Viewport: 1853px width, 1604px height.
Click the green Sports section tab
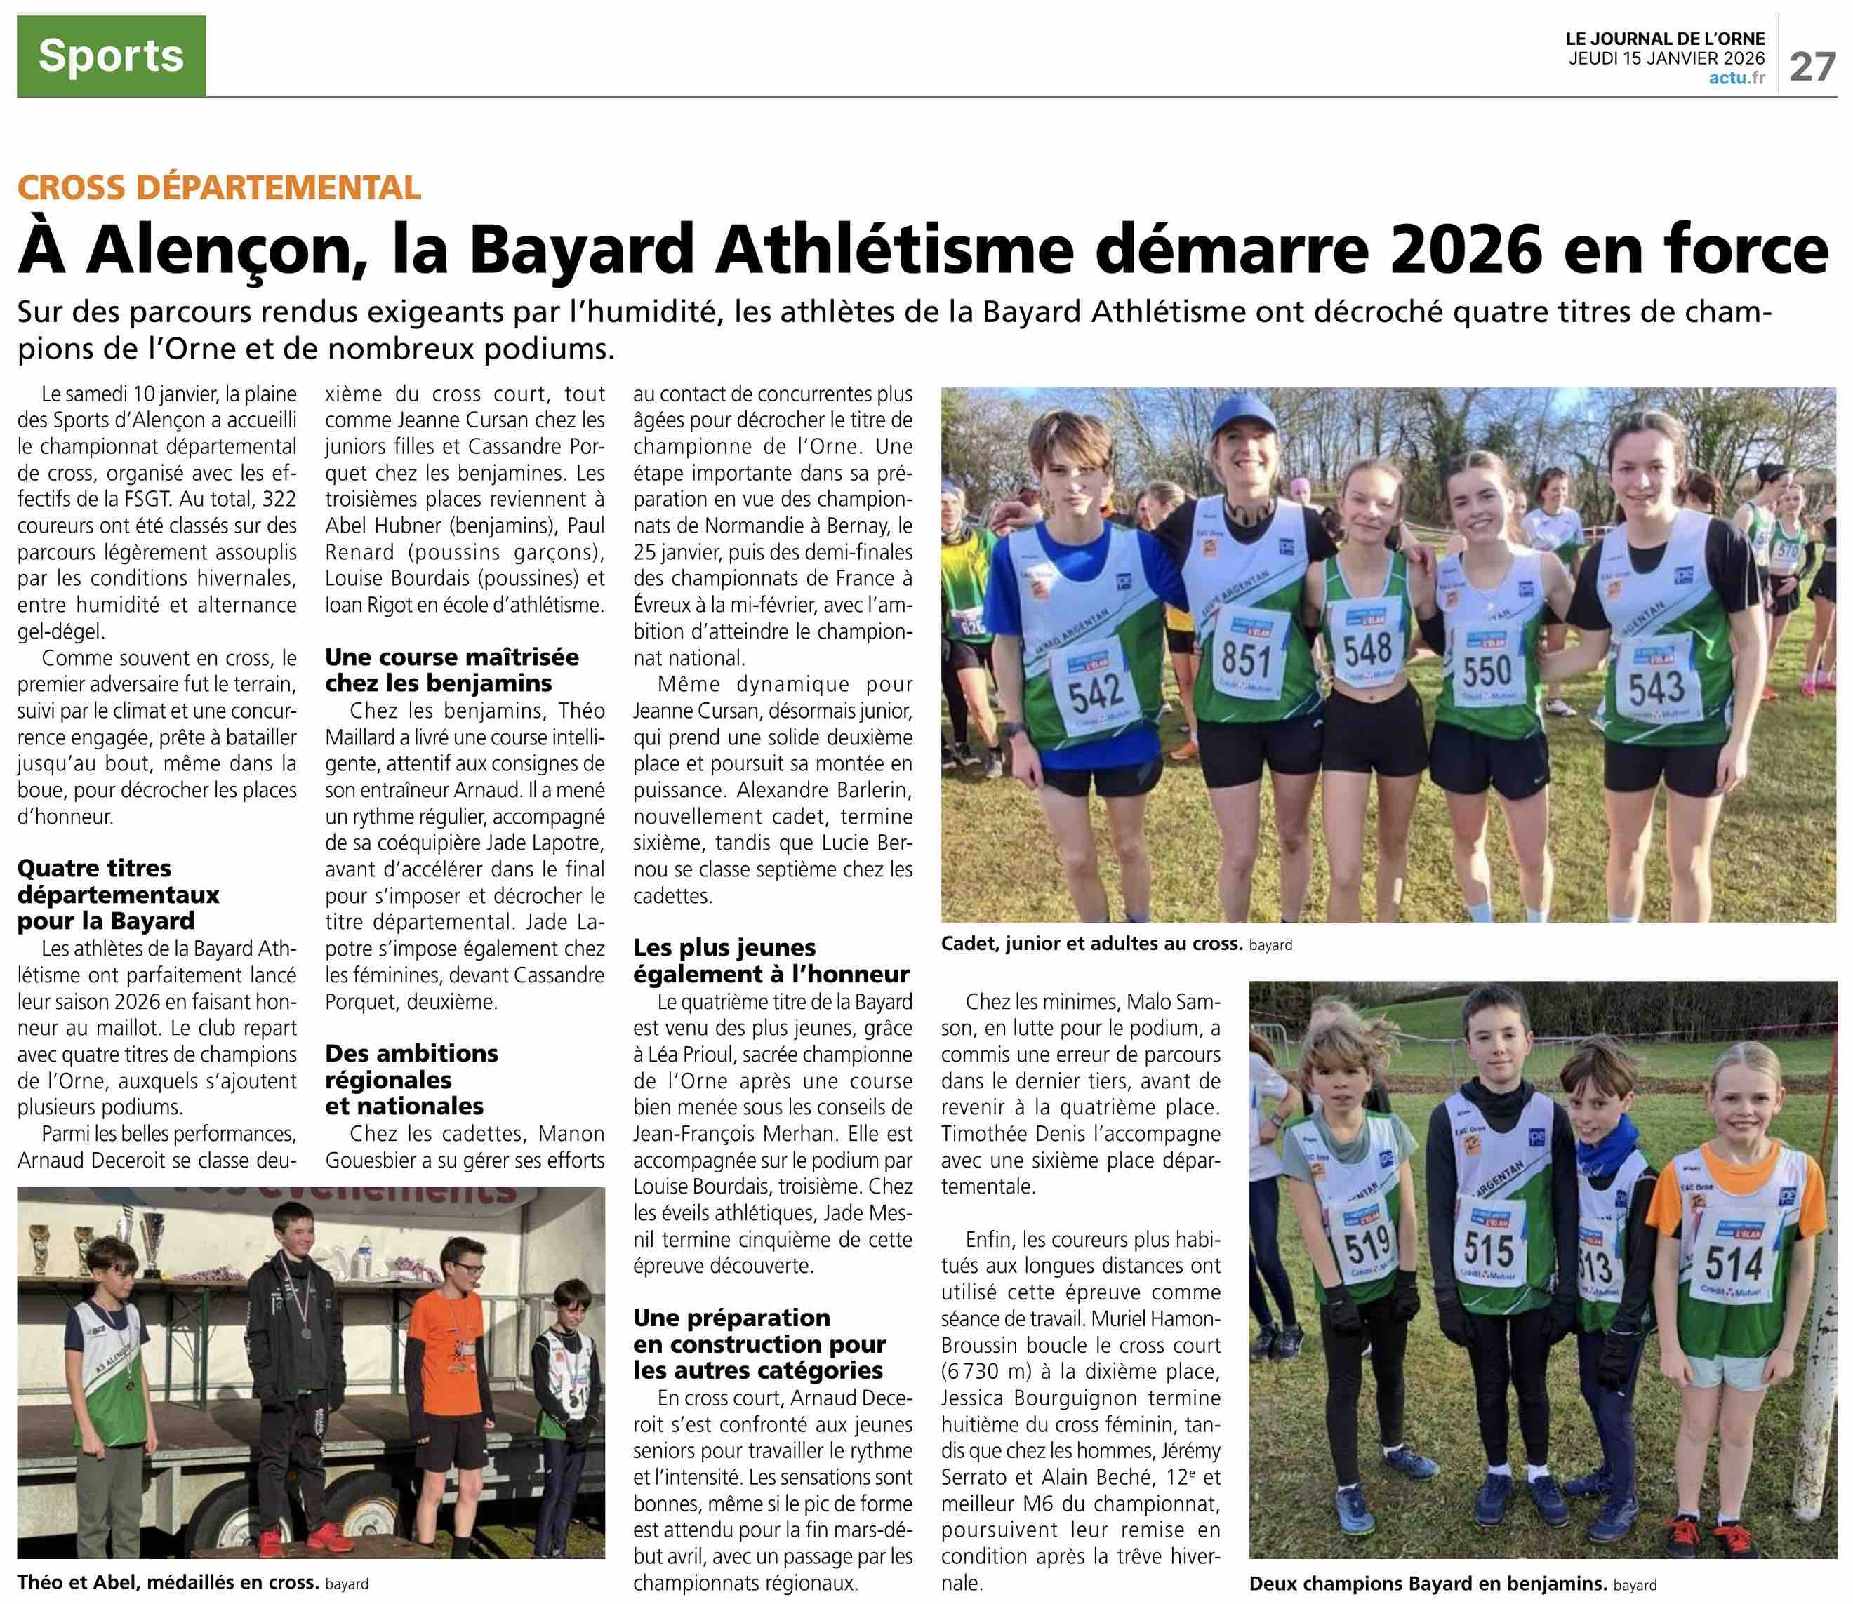tap(111, 55)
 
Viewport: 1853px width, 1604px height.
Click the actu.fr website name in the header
tap(1736, 79)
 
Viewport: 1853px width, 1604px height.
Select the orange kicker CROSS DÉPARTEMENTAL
tap(219, 187)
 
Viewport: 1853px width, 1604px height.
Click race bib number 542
tap(1096, 692)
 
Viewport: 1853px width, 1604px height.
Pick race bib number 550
tap(1486, 671)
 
